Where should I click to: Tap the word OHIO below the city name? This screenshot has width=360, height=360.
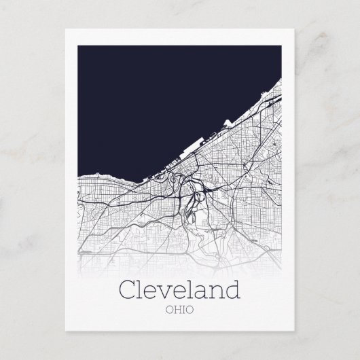click(x=179, y=311)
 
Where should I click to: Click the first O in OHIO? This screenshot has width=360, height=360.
click(x=169, y=311)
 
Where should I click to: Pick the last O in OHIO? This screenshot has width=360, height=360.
click(x=190, y=311)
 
